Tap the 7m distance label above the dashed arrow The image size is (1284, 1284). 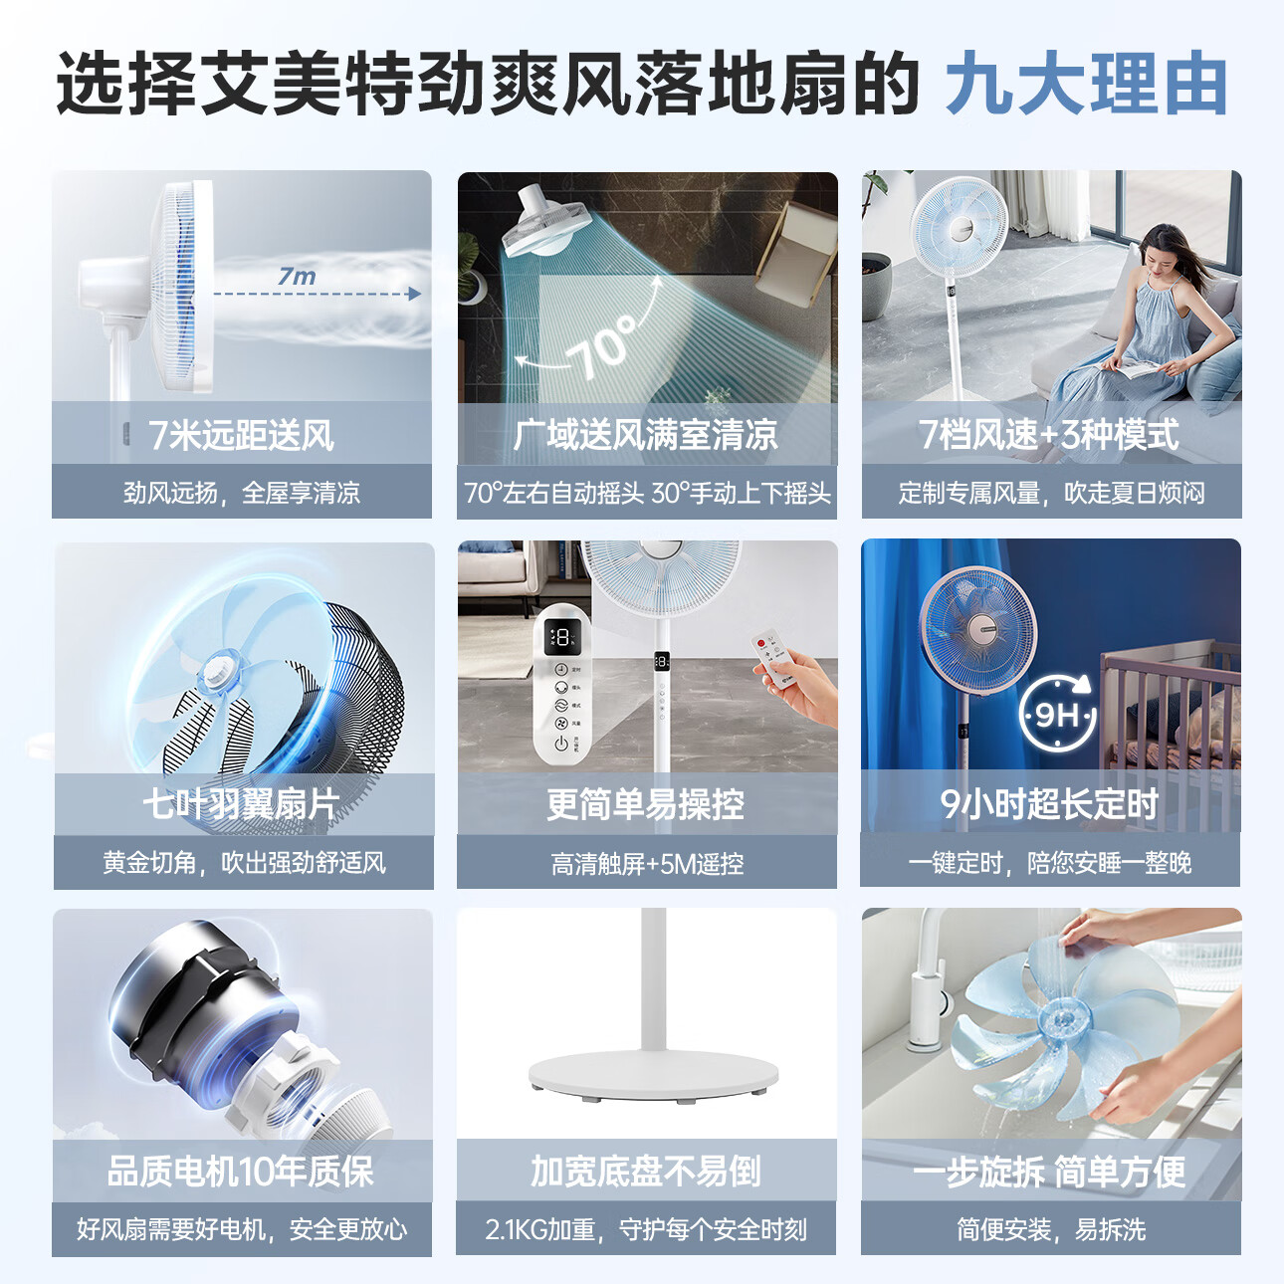pyautogui.click(x=297, y=276)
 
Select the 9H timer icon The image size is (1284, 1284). pyautogui.click(x=1057, y=714)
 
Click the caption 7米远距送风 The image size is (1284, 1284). pyautogui.click(x=241, y=435)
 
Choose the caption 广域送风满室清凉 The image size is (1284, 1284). pyautogui.click(x=646, y=435)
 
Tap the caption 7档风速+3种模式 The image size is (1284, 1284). pyautogui.click(x=1050, y=435)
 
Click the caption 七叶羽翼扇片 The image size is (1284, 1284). pyautogui.click(x=241, y=803)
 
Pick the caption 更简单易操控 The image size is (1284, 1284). pyautogui.click(x=646, y=803)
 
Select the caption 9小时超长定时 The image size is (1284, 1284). pyautogui.click(x=1050, y=803)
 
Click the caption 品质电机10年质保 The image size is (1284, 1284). pyautogui.click(x=241, y=1172)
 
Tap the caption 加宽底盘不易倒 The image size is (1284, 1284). pyautogui.click(x=646, y=1172)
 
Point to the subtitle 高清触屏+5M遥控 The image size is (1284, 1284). pyautogui.click(x=647, y=863)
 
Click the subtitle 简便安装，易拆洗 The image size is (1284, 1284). pyautogui.click(x=1050, y=1230)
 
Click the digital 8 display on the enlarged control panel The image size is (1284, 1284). pyautogui.click(x=562, y=637)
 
